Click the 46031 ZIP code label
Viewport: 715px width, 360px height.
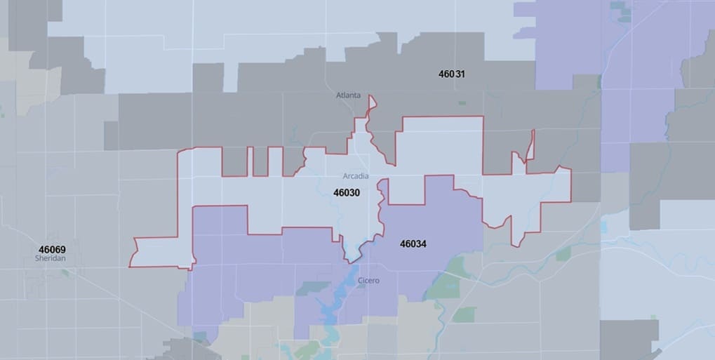pyautogui.click(x=452, y=74)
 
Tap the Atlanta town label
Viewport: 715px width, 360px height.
pyautogui.click(x=348, y=95)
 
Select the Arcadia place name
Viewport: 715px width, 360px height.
pyautogui.click(x=356, y=175)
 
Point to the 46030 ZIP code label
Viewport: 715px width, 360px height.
pyautogui.click(x=347, y=192)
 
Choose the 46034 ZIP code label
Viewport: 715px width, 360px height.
pyautogui.click(x=413, y=244)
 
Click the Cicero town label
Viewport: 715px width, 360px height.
pyautogui.click(x=368, y=281)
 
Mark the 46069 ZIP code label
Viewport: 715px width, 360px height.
pyautogui.click(x=53, y=249)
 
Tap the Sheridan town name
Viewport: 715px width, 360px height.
pyautogui.click(x=49, y=258)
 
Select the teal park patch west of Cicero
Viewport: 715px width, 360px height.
pyautogui.click(x=313, y=288)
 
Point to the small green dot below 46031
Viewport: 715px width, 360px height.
pyautogui.click(x=462, y=102)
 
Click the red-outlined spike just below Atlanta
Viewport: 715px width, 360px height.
pyautogui.click(x=371, y=104)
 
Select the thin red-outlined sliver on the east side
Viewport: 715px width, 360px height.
pyautogui.click(x=530, y=145)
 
